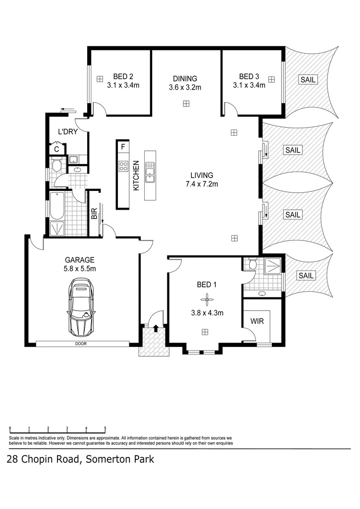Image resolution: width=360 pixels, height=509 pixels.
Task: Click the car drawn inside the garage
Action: (82, 305)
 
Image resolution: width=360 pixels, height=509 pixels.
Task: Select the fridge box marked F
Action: (123, 147)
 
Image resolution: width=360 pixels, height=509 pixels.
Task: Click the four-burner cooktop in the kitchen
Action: (123, 166)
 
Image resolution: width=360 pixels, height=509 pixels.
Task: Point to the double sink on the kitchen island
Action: (150, 172)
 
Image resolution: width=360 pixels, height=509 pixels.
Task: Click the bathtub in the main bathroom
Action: (57, 205)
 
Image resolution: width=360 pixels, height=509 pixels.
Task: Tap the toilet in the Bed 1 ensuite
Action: (252, 264)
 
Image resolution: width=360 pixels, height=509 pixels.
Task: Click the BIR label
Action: (94, 214)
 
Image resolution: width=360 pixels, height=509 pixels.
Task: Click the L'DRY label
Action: (67, 131)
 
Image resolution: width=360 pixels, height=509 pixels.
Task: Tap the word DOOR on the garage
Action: (81, 344)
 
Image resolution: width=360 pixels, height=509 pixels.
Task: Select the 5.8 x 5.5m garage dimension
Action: (80, 269)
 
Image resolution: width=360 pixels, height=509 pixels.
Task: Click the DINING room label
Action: (185, 79)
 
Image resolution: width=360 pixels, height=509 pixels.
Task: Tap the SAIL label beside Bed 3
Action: (307, 80)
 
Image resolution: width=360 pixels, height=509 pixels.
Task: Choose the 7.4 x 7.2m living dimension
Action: (202, 184)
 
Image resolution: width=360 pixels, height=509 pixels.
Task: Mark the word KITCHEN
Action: (136, 176)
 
